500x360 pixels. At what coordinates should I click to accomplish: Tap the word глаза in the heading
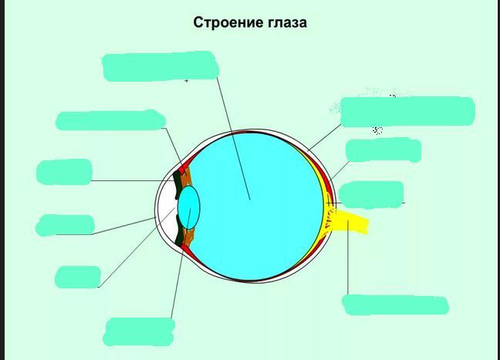(285, 23)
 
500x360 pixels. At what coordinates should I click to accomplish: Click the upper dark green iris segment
(178, 184)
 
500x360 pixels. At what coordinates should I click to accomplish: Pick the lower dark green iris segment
(181, 232)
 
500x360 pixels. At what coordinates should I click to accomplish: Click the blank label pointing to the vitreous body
(158, 66)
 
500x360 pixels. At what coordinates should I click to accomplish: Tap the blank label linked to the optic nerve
(395, 304)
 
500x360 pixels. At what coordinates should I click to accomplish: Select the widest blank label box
(407, 111)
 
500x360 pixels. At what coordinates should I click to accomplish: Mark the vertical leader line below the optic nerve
(347, 262)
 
